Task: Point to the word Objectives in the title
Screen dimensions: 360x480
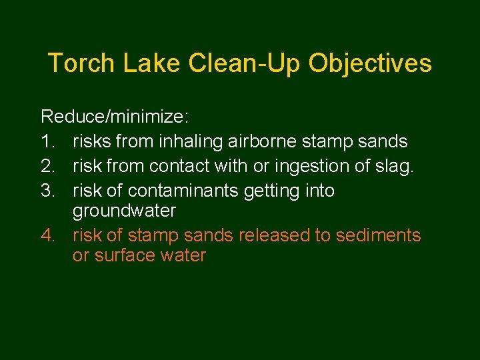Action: pyautogui.click(x=371, y=64)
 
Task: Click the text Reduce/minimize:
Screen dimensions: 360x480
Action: pyautogui.click(x=115, y=118)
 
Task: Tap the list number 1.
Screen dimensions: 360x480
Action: pyautogui.click(x=47, y=141)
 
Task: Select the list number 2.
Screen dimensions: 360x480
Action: pyautogui.click(x=47, y=165)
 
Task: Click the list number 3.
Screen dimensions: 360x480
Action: pyautogui.click(x=47, y=190)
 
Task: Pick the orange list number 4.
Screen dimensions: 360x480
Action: pyautogui.click(x=47, y=235)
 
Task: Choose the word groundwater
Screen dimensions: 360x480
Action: pyautogui.click(x=124, y=211)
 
